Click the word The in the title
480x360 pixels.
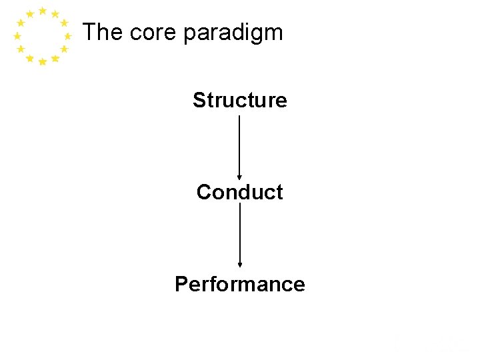click(x=103, y=32)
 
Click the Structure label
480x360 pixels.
click(x=239, y=100)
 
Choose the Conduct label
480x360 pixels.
click(x=239, y=192)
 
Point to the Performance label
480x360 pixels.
click(x=239, y=284)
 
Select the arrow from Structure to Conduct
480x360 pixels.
click(x=239, y=147)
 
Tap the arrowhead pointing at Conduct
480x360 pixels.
click(x=239, y=177)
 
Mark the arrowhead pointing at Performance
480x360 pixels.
click(x=239, y=265)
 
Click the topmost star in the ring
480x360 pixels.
click(x=43, y=11)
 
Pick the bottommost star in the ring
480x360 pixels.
click(x=43, y=62)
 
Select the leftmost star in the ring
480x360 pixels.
click(x=17, y=36)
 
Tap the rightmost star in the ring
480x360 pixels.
click(x=68, y=36)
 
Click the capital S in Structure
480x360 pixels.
click(x=199, y=100)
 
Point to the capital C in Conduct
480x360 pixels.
click(x=203, y=192)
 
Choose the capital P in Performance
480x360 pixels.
click(x=181, y=284)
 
